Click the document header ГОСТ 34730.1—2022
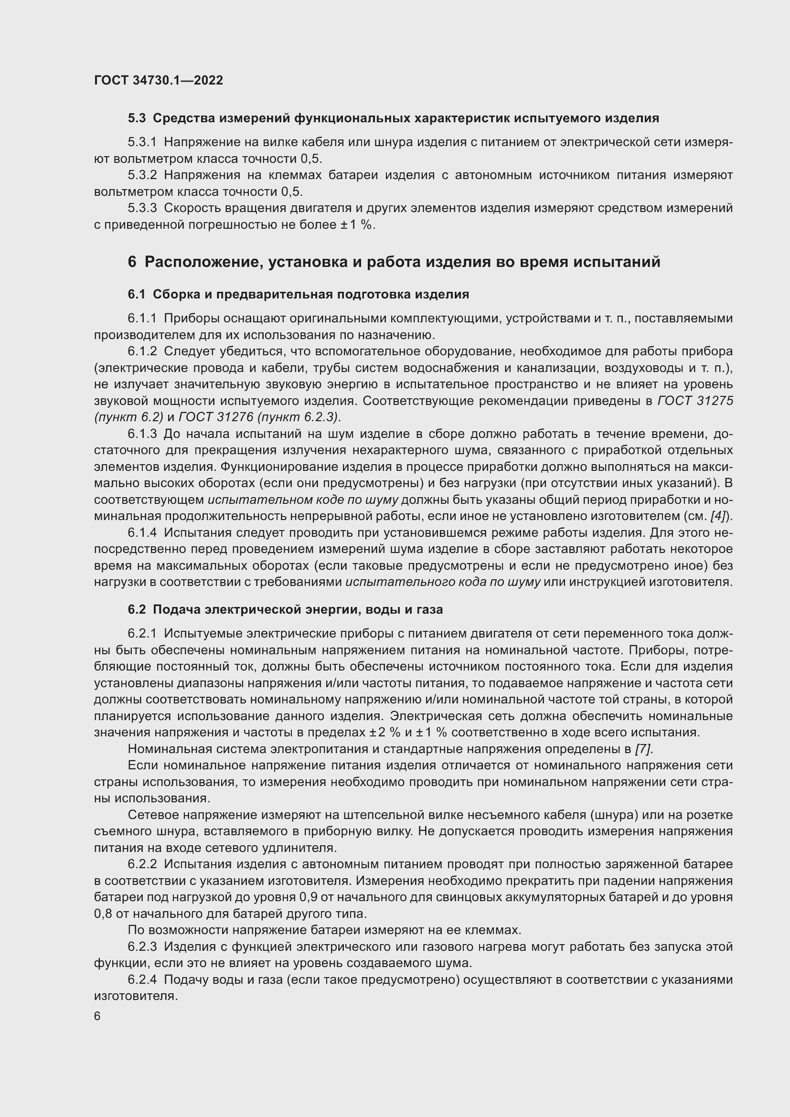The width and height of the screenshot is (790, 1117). pyautogui.click(x=159, y=80)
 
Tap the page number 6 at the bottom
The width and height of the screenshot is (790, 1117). pyautogui.click(x=97, y=1016)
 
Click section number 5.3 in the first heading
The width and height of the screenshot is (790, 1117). pyautogui.click(x=137, y=118)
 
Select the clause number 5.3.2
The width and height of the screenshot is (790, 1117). pyautogui.click(x=142, y=175)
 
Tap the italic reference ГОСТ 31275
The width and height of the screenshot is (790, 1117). pyautogui.click(x=695, y=401)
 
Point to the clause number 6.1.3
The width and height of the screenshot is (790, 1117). pyautogui.click(x=142, y=434)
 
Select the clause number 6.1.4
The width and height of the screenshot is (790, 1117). pyautogui.click(x=142, y=533)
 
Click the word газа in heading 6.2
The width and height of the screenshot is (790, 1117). pyautogui.click(x=428, y=609)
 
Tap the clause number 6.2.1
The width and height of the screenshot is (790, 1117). pyautogui.click(x=142, y=633)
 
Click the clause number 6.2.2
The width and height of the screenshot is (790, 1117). pyautogui.click(x=142, y=864)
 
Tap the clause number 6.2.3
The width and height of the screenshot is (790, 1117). pyautogui.click(x=142, y=947)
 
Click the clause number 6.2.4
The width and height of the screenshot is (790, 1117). pyautogui.click(x=142, y=980)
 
